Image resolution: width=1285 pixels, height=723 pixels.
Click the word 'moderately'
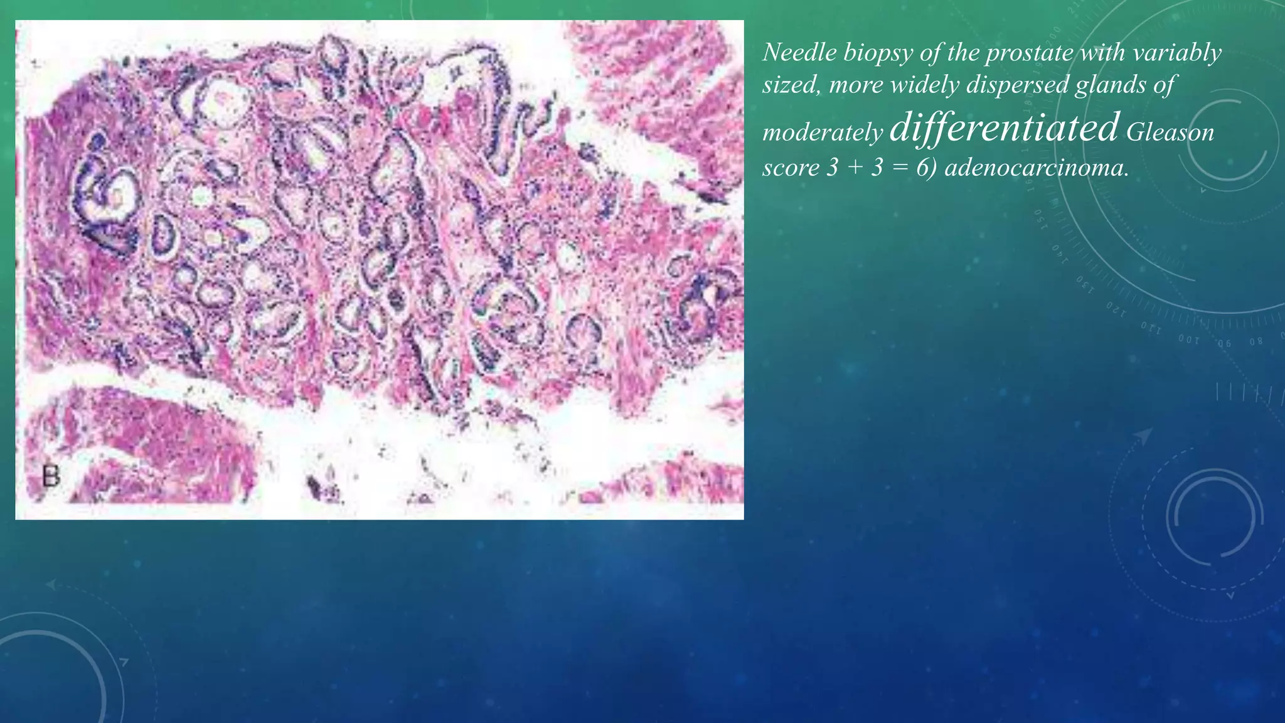(x=823, y=132)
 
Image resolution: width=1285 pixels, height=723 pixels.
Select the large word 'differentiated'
(x=1004, y=127)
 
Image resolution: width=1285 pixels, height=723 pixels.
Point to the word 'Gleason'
(x=1170, y=132)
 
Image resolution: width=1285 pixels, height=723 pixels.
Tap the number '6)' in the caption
(x=927, y=168)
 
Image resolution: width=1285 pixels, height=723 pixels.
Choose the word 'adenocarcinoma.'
(x=1037, y=168)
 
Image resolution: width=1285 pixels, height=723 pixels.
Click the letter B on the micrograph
(x=51, y=476)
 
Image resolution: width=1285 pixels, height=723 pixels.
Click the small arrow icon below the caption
(x=1143, y=436)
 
